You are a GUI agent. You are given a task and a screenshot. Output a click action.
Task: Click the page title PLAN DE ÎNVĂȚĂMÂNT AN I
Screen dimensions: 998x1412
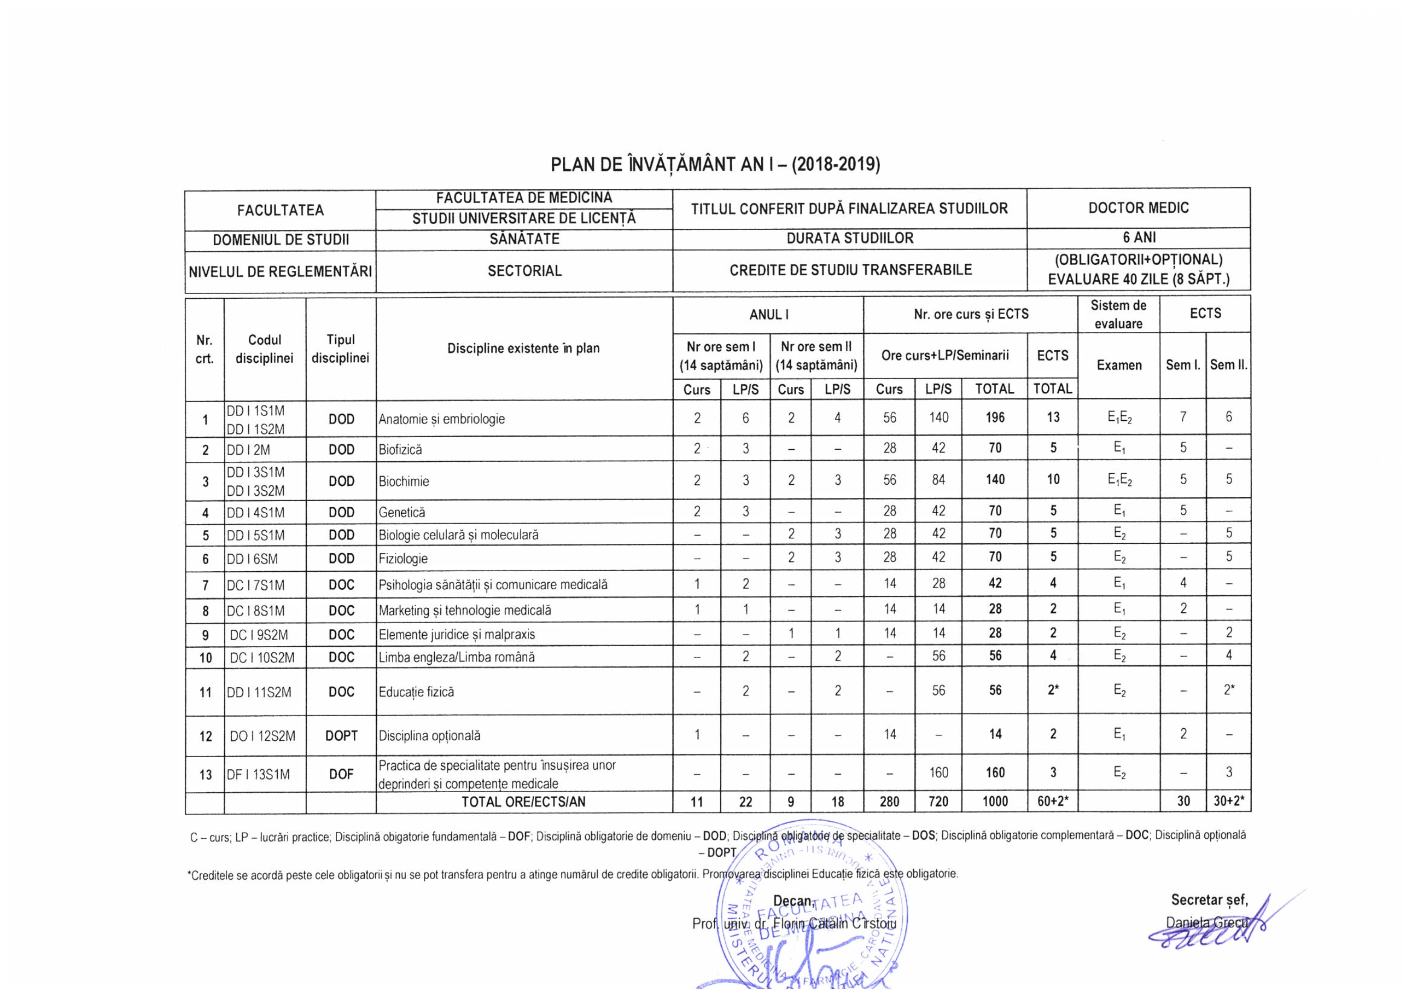[715, 165]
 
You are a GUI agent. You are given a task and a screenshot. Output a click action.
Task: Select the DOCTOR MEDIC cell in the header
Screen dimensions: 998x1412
[1138, 208]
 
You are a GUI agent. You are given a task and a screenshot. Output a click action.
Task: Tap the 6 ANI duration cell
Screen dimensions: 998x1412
[1138, 238]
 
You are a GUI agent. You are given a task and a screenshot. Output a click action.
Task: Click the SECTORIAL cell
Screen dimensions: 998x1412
[524, 271]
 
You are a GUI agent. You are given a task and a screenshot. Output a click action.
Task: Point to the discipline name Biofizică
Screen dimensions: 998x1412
[400, 450]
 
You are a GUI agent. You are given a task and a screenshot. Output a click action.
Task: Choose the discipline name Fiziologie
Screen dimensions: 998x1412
[403, 558]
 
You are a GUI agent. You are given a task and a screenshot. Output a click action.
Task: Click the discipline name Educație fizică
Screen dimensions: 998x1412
[416, 692]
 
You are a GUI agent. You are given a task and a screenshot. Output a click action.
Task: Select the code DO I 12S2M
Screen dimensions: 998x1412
[262, 736]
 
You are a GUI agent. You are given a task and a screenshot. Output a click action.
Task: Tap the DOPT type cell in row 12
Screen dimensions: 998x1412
[341, 736]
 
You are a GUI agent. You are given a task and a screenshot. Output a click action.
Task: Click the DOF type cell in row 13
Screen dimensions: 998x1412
[341, 774]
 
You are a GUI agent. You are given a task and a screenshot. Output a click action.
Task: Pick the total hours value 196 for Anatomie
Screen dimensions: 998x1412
[995, 418]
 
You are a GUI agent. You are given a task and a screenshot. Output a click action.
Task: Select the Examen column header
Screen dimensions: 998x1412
[1119, 365]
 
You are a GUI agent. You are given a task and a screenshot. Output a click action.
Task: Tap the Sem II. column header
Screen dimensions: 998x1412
[1228, 365]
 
